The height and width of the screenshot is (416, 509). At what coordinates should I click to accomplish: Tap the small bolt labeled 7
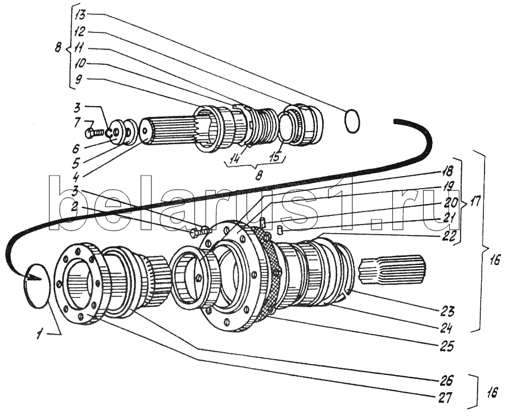point(93,133)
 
